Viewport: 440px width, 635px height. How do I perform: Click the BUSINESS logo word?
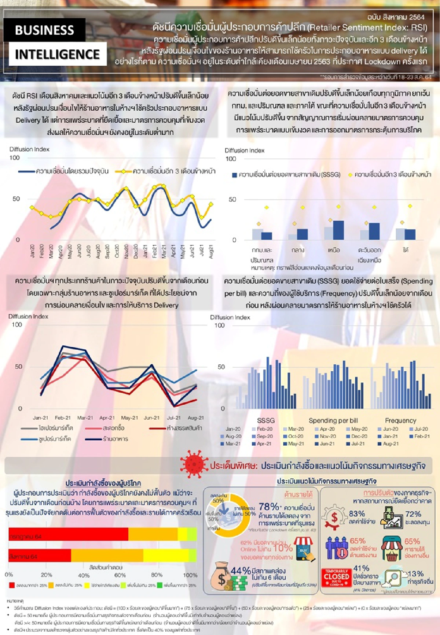pyautogui.click(x=44, y=30)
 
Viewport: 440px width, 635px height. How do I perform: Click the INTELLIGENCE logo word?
pyautogui.click(x=57, y=54)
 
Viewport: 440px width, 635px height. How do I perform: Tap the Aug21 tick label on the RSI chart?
pyautogui.click(x=211, y=252)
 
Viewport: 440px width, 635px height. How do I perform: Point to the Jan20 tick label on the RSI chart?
pyautogui.click(x=32, y=251)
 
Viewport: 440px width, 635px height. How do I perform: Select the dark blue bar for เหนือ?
pyautogui.click(x=338, y=230)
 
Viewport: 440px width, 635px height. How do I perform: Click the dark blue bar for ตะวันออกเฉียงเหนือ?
pyautogui.click(x=374, y=231)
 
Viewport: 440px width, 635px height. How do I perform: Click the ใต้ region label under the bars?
pyautogui.click(x=406, y=250)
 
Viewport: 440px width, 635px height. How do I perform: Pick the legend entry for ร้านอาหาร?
pyautogui.click(x=115, y=439)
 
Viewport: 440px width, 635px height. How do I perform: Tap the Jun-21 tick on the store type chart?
pyautogui.click(x=151, y=417)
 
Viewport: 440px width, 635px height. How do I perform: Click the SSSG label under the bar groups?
pyautogui.click(x=266, y=420)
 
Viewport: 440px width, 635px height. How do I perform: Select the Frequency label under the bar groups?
pyautogui.click(x=400, y=420)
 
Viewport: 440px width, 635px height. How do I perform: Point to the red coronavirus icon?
pyautogui.click(x=194, y=464)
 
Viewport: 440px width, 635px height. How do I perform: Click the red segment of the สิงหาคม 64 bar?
pyautogui.click(x=40, y=556)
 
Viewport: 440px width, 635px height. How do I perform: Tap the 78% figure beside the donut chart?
pyautogui.click(x=269, y=507)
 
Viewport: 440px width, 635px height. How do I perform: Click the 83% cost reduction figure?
pyautogui.click(x=356, y=514)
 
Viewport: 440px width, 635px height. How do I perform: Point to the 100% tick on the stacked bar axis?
pyautogui.click(x=190, y=575)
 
